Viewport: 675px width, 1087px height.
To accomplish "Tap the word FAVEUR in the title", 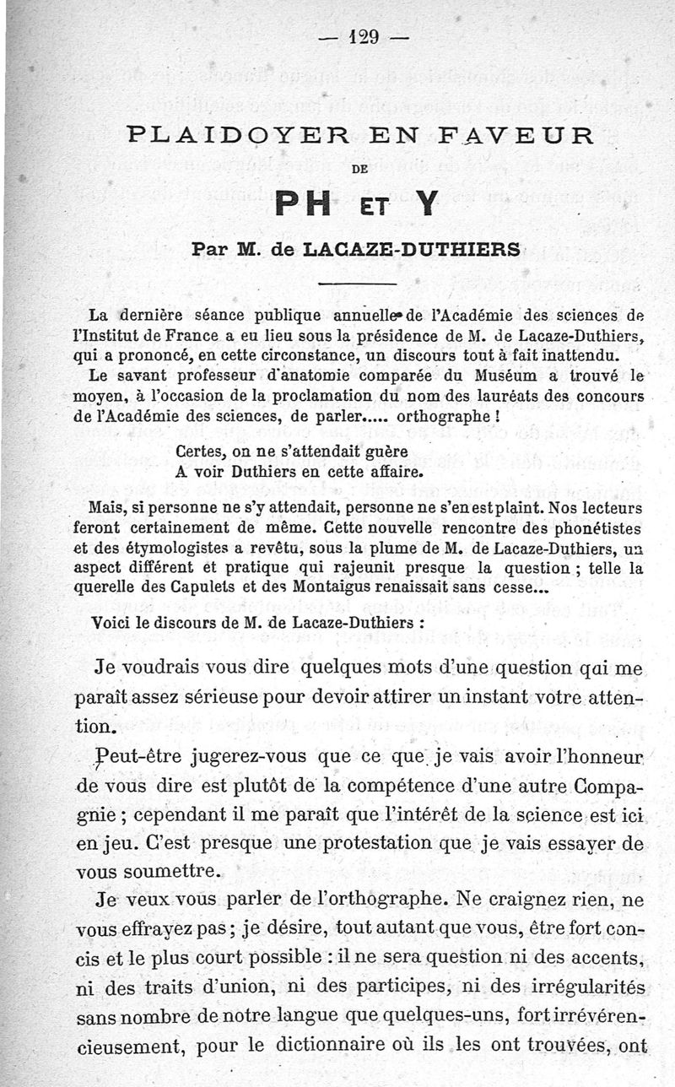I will tap(521, 136).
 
